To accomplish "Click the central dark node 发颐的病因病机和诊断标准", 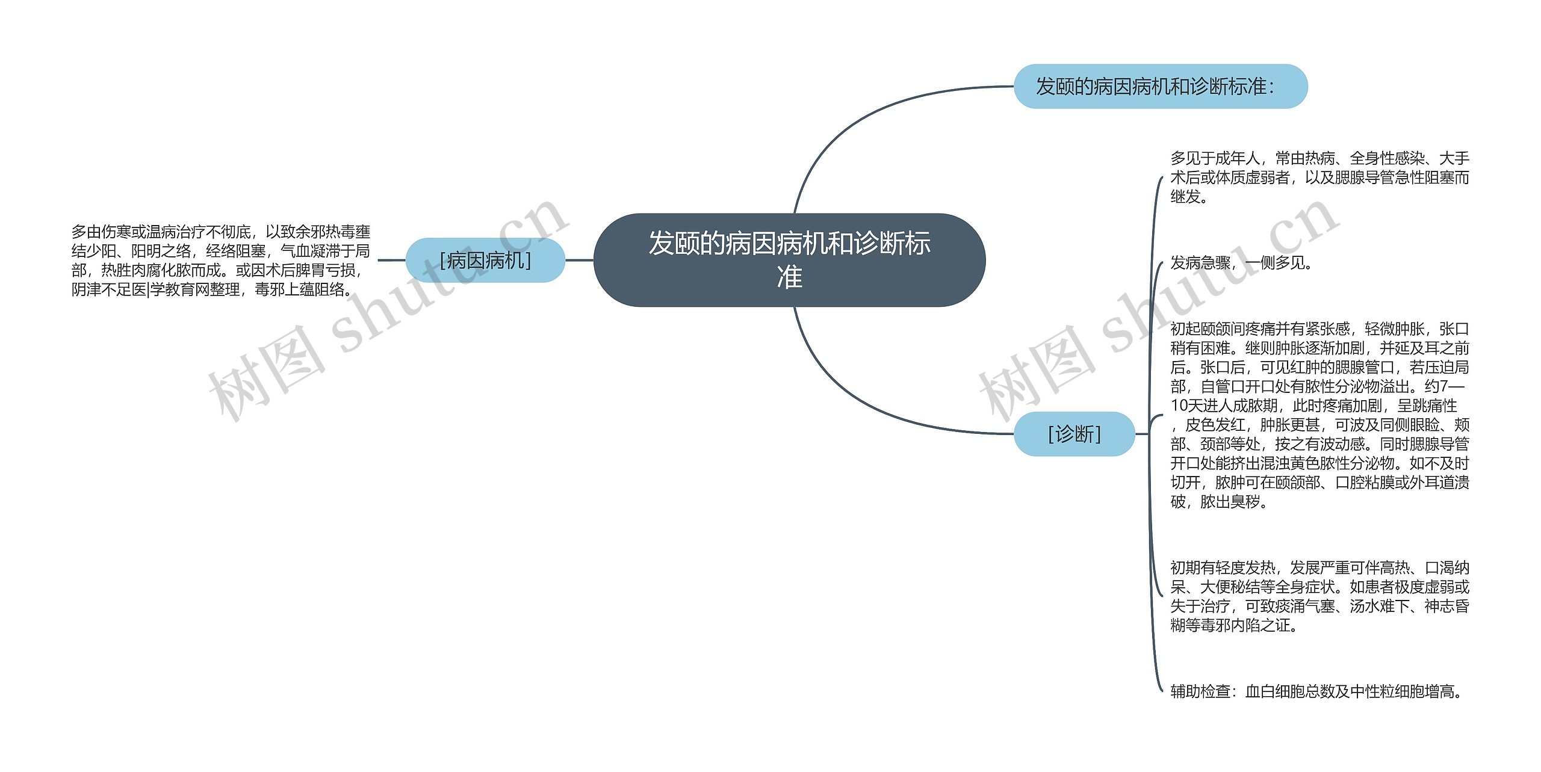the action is click(x=789, y=260).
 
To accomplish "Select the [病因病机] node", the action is click(x=485, y=261).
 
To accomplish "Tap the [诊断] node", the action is click(x=1074, y=434).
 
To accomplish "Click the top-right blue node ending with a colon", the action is click(x=1160, y=87).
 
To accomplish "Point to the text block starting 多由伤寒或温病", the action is click(x=220, y=261).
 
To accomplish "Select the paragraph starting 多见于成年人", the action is click(x=1319, y=178).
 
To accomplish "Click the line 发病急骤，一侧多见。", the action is click(x=1241, y=263).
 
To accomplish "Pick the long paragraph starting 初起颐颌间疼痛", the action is click(x=1319, y=415).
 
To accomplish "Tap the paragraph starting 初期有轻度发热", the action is click(x=1319, y=596).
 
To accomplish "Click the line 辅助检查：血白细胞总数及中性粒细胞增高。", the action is click(x=1317, y=691).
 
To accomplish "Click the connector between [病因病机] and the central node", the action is click(x=579, y=261).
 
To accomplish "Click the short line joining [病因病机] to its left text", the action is click(x=391, y=261).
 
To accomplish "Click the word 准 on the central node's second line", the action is click(x=789, y=277).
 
